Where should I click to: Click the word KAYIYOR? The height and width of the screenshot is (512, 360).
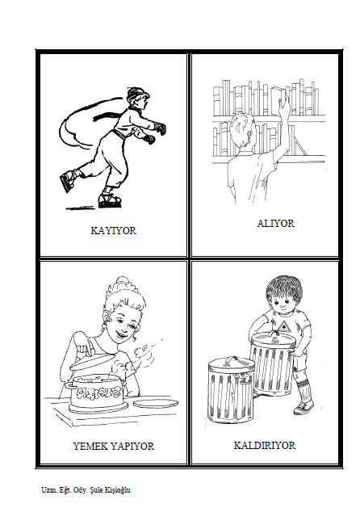(x=113, y=230)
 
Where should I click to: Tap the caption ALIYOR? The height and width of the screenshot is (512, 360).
(x=275, y=224)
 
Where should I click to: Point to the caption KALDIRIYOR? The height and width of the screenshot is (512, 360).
(x=265, y=446)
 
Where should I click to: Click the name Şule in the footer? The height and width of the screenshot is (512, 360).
(x=96, y=490)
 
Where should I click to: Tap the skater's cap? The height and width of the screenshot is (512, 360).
(x=136, y=94)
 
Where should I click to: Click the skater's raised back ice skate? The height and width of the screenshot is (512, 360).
(x=68, y=180)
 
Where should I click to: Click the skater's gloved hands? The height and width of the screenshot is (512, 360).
(x=155, y=133)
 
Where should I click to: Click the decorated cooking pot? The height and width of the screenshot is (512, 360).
(x=97, y=392)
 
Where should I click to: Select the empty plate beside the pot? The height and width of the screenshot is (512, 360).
(x=156, y=403)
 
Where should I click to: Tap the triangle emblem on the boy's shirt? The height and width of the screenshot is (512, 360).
(x=285, y=326)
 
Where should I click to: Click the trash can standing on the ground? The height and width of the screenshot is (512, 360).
(x=231, y=391)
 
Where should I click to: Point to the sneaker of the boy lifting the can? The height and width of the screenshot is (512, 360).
(x=303, y=407)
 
